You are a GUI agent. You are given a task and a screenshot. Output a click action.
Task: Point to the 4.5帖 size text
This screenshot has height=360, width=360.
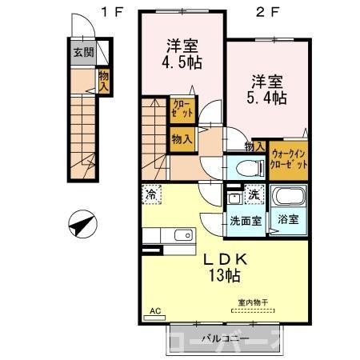(x=182, y=63)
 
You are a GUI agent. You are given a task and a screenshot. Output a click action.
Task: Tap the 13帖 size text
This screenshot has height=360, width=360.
(x=226, y=277)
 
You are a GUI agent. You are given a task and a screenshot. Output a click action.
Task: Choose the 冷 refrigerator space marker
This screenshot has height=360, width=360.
(x=152, y=194)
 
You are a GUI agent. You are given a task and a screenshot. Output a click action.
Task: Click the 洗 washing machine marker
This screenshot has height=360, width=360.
(x=254, y=194)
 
